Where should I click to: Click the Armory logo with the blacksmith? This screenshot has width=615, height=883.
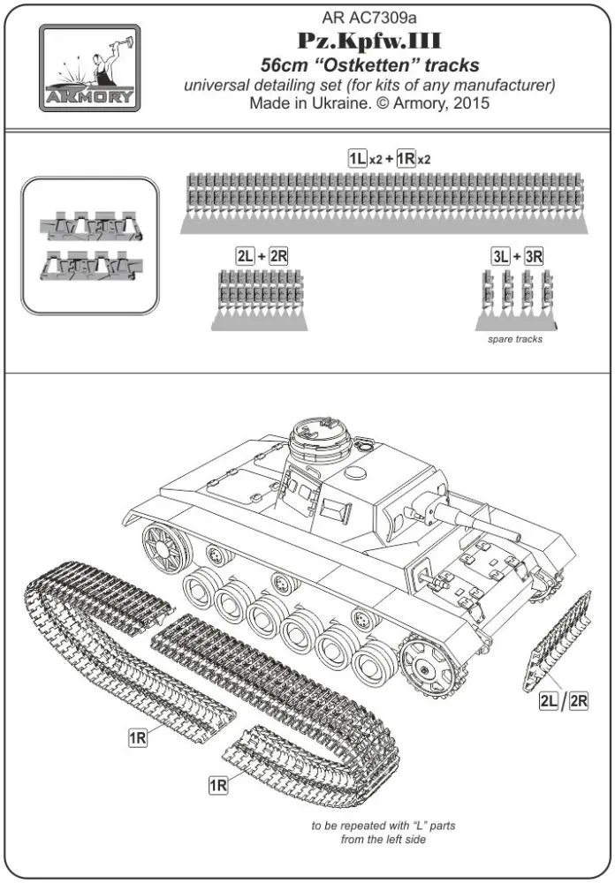[87, 67]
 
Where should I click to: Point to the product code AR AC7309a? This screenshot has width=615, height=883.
[368, 15]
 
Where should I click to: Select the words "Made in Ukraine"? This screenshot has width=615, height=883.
[300, 103]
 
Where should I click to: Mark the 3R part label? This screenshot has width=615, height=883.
[533, 256]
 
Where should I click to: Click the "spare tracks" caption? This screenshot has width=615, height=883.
[515, 339]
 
